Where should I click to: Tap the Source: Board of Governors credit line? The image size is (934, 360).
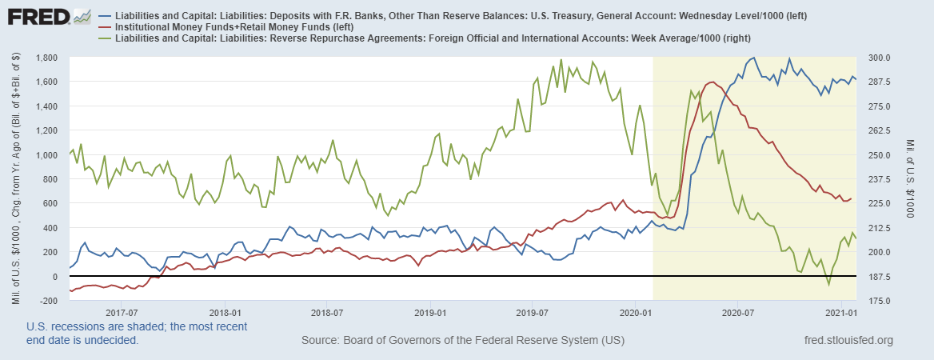point(463,342)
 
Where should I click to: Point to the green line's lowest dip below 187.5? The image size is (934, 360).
point(828,284)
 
